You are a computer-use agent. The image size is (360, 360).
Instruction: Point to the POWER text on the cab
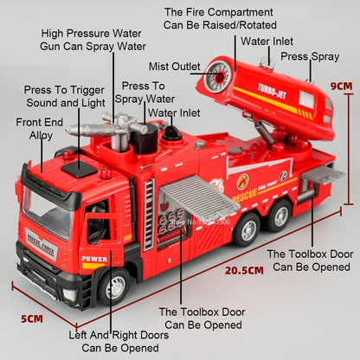click(x=93, y=257)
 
